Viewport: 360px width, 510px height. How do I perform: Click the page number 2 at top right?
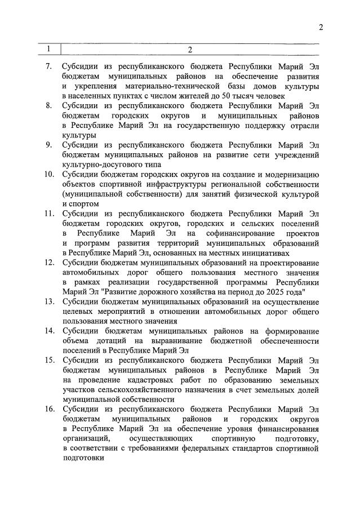coord(321,28)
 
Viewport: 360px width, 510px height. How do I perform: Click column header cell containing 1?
coord(49,49)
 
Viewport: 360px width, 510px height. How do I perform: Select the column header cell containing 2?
coord(190,50)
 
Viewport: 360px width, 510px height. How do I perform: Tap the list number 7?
coord(48,66)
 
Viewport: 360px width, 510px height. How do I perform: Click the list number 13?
coord(48,302)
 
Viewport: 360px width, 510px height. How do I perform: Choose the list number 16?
coord(48,409)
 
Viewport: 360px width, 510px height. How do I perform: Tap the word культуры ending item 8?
coord(79,135)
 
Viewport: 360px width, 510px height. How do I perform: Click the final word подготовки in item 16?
coord(84,458)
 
